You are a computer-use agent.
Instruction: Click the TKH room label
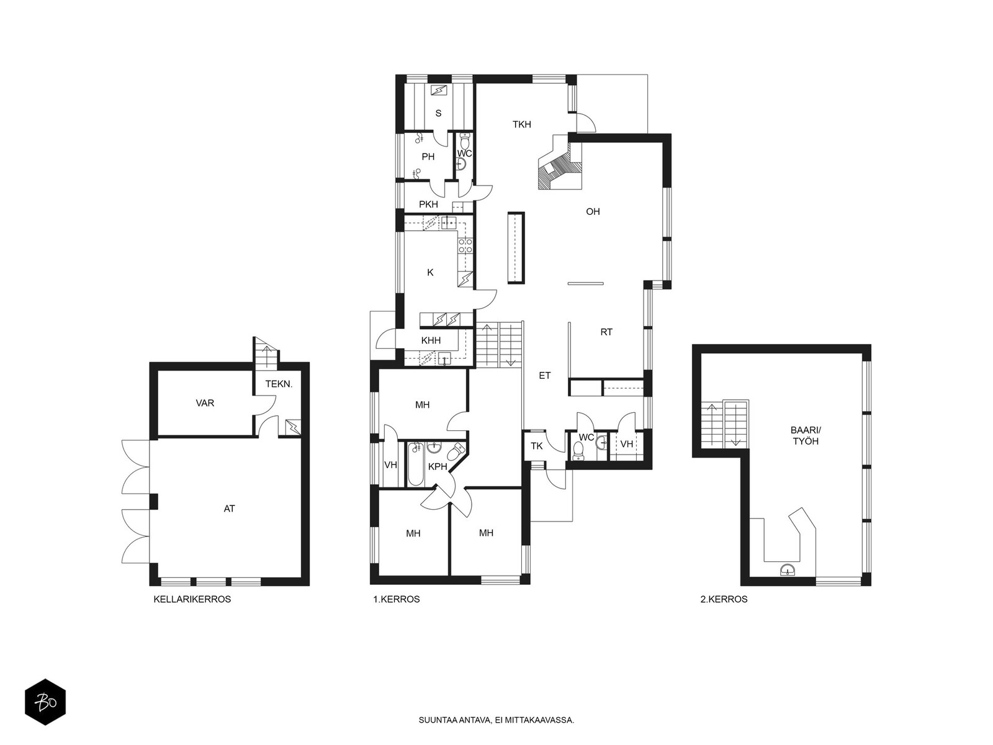pyautogui.click(x=521, y=124)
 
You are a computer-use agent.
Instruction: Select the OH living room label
pyautogui.click(x=593, y=211)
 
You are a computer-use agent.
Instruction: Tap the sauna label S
pyautogui.click(x=438, y=113)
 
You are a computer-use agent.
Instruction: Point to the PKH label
pyautogui.click(x=428, y=204)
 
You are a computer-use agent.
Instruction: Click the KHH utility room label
pyautogui.click(x=431, y=341)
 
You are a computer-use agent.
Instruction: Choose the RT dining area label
pyautogui.click(x=606, y=332)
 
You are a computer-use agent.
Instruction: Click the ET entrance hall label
pyautogui.click(x=545, y=376)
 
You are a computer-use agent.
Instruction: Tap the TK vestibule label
pyautogui.click(x=537, y=446)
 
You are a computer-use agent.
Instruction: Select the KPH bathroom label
pyautogui.click(x=438, y=467)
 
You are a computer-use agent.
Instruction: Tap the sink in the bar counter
pyautogui.click(x=788, y=570)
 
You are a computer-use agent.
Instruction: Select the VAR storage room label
pyautogui.click(x=205, y=403)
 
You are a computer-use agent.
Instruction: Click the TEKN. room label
pyautogui.click(x=279, y=384)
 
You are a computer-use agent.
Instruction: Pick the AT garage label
pyautogui.click(x=230, y=508)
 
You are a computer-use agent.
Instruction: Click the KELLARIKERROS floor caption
pyautogui.click(x=192, y=599)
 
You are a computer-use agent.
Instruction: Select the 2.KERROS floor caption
pyautogui.click(x=724, y=599)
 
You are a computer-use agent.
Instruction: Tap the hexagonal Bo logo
pyautogui.click(x=45, y=702)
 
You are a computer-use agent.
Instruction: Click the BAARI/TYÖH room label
pyautogui.click(x=806, y=435)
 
